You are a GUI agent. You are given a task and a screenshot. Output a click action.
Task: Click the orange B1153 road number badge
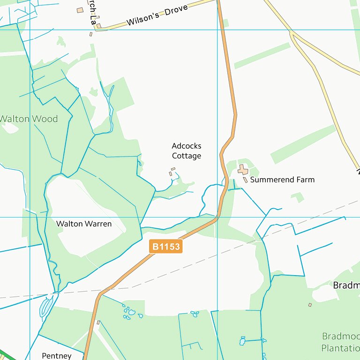pyautogui.click(x=165, y=247)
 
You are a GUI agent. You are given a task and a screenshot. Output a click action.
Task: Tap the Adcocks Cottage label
pyautogui.click(x=186, y=151)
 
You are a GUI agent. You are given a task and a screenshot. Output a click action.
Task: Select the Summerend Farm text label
pyautogui.click(x=282, y=180)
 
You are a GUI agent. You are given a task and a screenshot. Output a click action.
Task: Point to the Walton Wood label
pyautogui.click(x=29, y=119)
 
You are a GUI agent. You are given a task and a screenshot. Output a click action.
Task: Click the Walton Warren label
pyautogui.click(x=84, y=224)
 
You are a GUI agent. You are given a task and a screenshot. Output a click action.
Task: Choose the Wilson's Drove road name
pyautogui.click(x=157, y=16)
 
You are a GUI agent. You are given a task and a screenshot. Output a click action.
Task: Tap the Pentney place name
pyautogui.click(x=56, y=356)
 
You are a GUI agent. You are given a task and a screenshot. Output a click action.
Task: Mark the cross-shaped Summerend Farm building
pyautogui.click(x=242, y=170)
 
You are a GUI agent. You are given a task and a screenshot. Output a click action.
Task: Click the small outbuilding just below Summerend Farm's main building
pyautogui.click(x=245, y=180)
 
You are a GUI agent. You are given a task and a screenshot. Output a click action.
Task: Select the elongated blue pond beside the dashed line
pyautogui.click(x=46, y=307)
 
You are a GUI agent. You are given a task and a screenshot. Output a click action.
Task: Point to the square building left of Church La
pyautogui.click(x=80, y=10)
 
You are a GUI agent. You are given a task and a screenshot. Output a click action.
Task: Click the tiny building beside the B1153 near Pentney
pyautogui.click(x=98, y=322)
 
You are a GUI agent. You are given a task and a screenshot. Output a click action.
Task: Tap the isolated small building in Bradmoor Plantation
pyautogui.click(x=310, y=305)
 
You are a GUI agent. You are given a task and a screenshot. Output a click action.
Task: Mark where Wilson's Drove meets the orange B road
pyautogui.click(x=218, y=1)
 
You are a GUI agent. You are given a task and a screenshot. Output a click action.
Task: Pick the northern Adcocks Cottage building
pyautogui.click(x=173, y=169)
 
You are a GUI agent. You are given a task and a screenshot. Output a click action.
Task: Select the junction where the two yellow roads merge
pyautogui.click(x=292, y=34)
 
